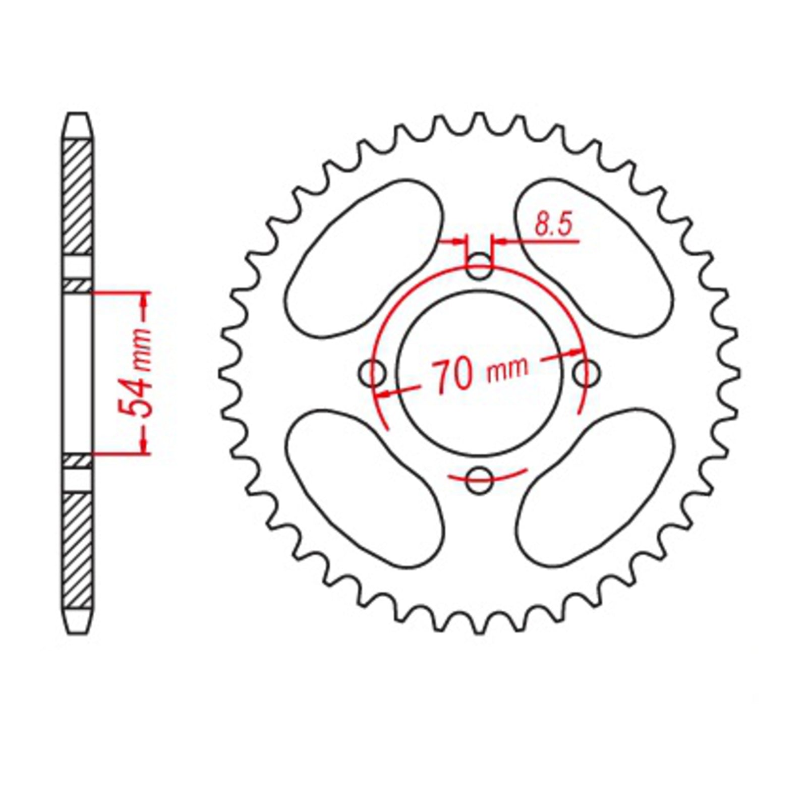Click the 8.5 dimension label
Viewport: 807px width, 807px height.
tap(554, 225)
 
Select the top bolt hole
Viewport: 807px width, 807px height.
tap(479, 266)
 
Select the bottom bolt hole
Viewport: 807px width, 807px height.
tap(479, 480)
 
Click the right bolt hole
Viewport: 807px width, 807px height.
tap(587, 374)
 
